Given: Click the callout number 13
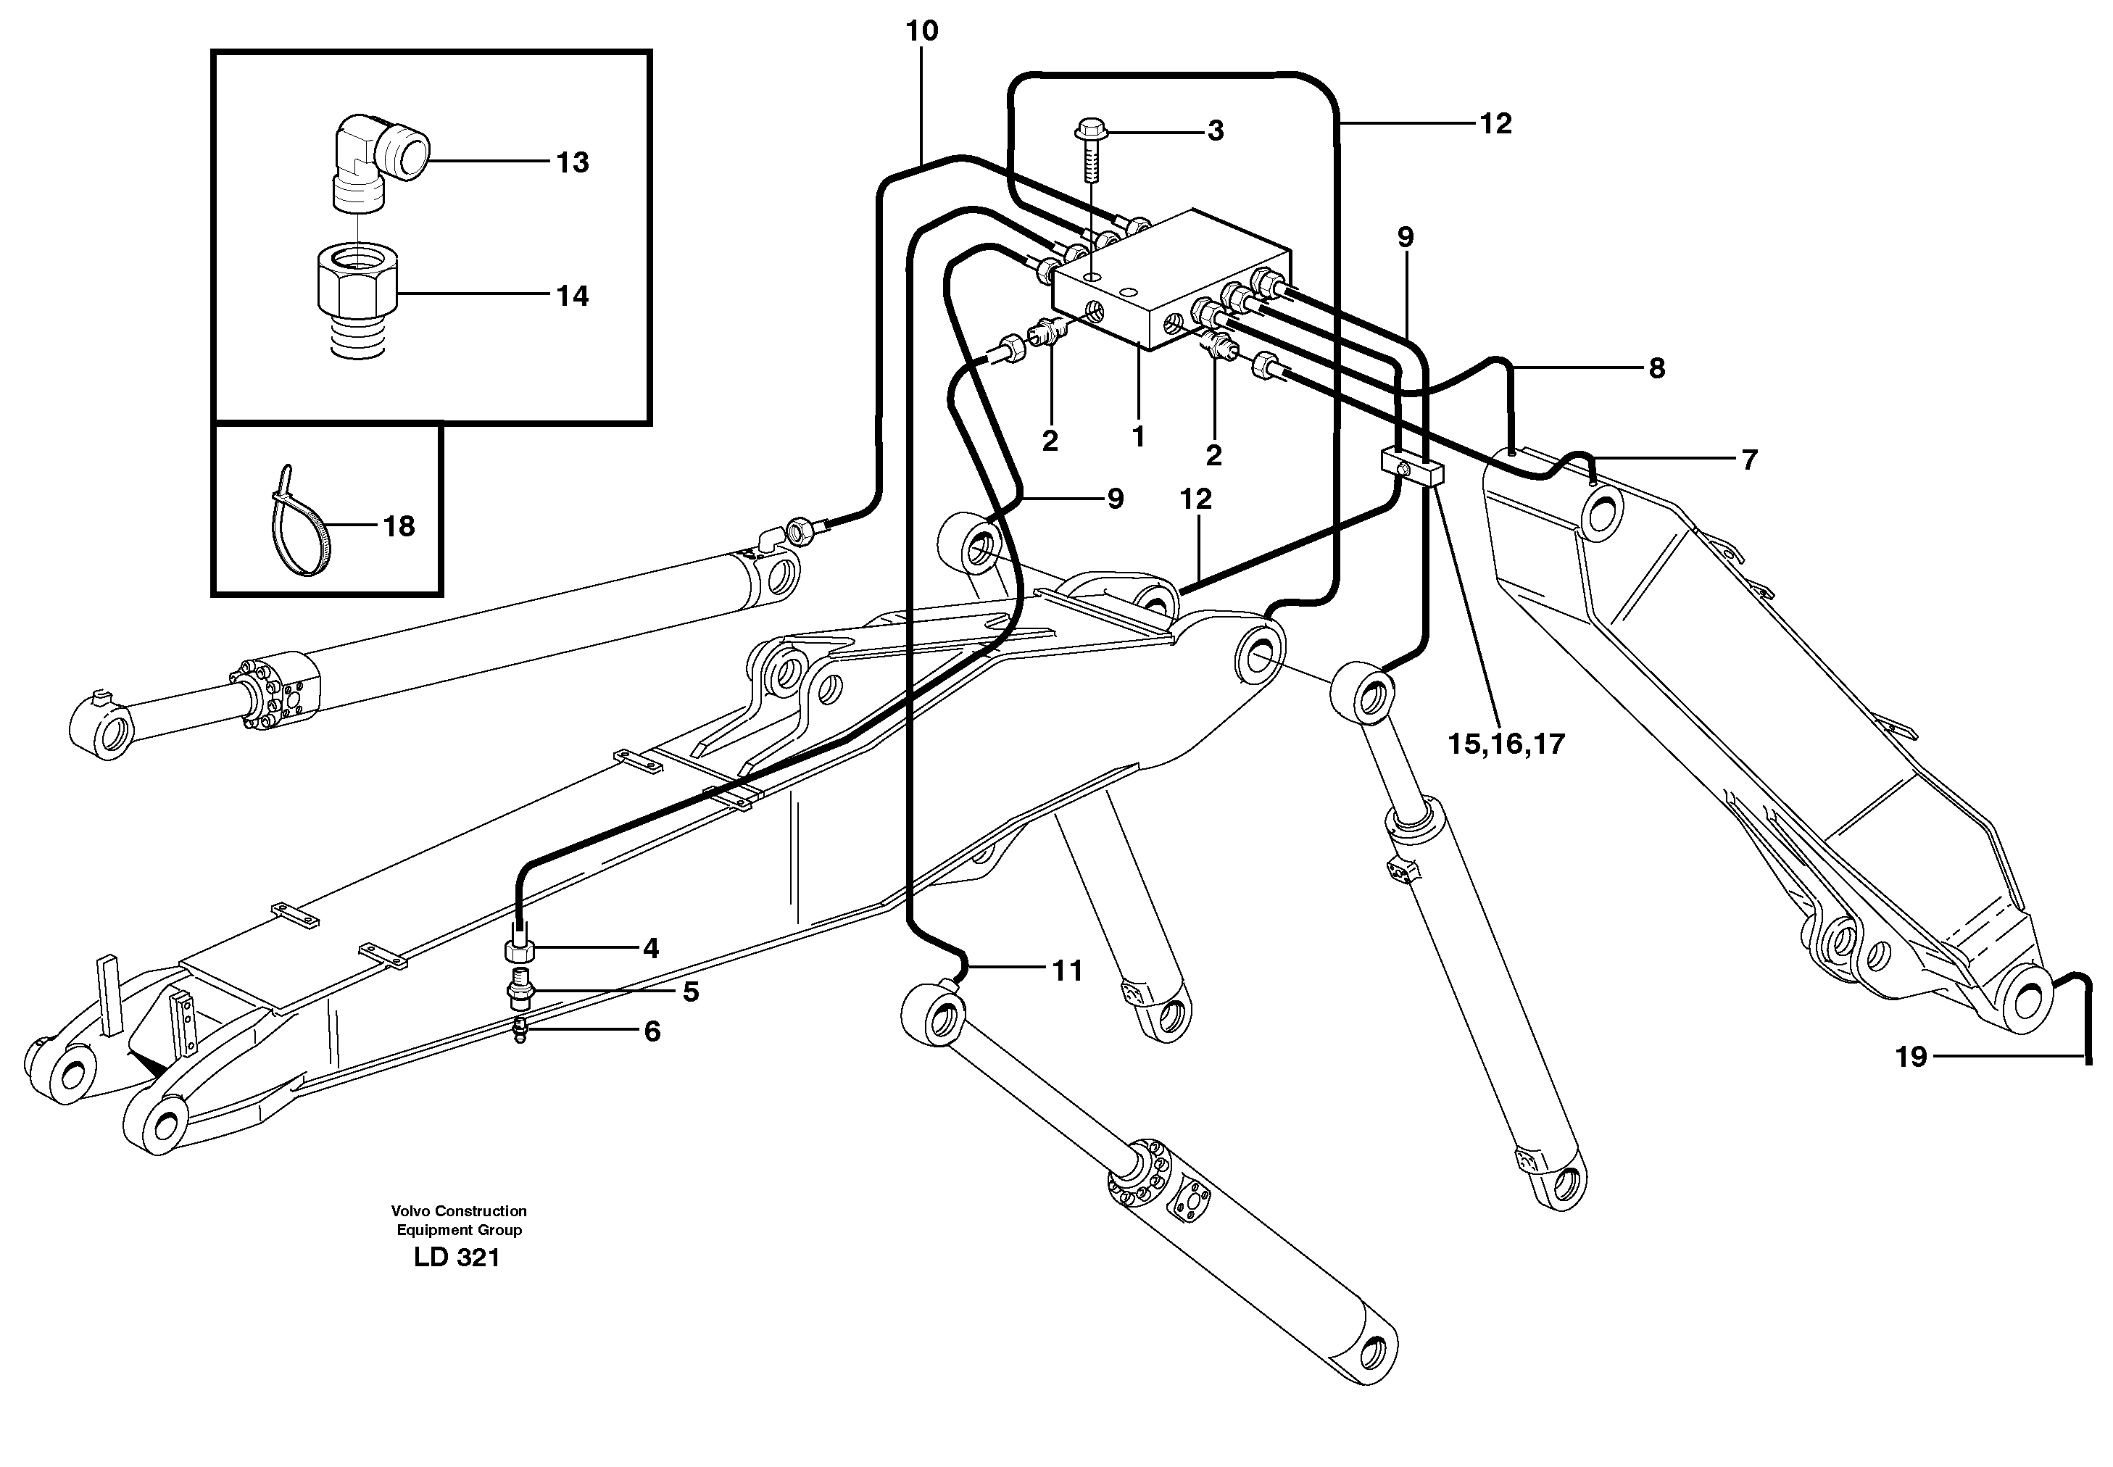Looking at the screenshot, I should pyautogui.click(x=572, y=162).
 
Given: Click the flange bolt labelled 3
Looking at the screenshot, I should pyautogui.click(x=1091, y=151).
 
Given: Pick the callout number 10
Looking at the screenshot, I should pyautogui.click(x=922, y=31).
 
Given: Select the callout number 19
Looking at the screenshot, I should pyautogui.click(x=1911, y=1057).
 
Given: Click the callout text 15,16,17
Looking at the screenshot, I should pyautogui.click(x=1506, y=743).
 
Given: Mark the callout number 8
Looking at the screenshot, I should pyautogui.click(x=1656, y=369).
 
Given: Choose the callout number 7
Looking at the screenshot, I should pyautogui.click(x=1749, y=460).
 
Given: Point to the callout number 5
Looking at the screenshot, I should pyautogui.click(x=690, y=992).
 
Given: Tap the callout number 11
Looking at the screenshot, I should pyautogui.click(x=1066, y=971).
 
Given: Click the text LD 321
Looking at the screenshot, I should pyautogui.click(x=457, y=1258).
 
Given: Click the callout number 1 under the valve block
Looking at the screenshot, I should pyautogui.click(x=1138, y=436).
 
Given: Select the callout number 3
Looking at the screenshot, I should pyautogui.click(x=1215, y=131).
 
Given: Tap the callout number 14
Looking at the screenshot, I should pyautogui.click(x=572, y=296).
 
